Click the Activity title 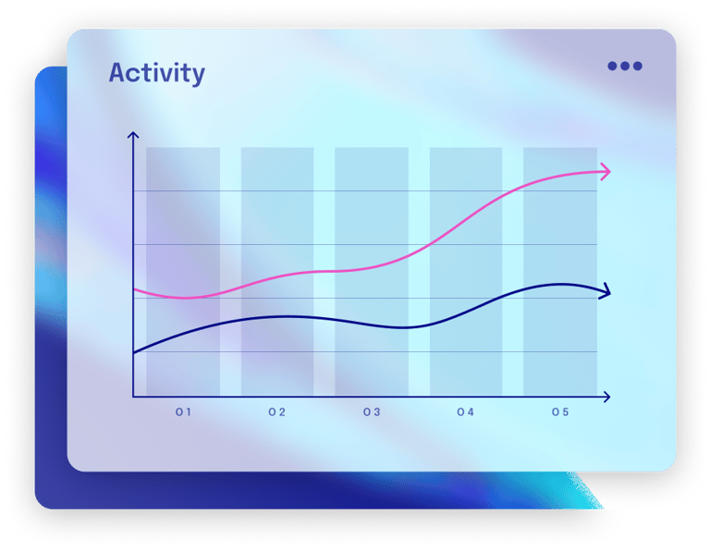point(156,73)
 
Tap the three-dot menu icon point(625,67)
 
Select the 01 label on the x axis point(183,412)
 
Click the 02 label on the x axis point(277,412)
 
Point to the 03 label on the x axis point(372,412)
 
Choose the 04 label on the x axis point(466,412)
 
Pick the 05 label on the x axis point(560,412)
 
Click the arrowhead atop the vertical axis point(133,134)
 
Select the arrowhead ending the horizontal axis point(606,397)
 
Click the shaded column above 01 point(183,272)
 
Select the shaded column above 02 point(277,272)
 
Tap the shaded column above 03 point(372,272)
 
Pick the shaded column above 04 point(466,272)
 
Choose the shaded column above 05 point(560,272)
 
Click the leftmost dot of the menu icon point(612,67)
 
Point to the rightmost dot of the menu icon point(638,67)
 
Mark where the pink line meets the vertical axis point(133,288)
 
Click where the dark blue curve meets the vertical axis point(133,352)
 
